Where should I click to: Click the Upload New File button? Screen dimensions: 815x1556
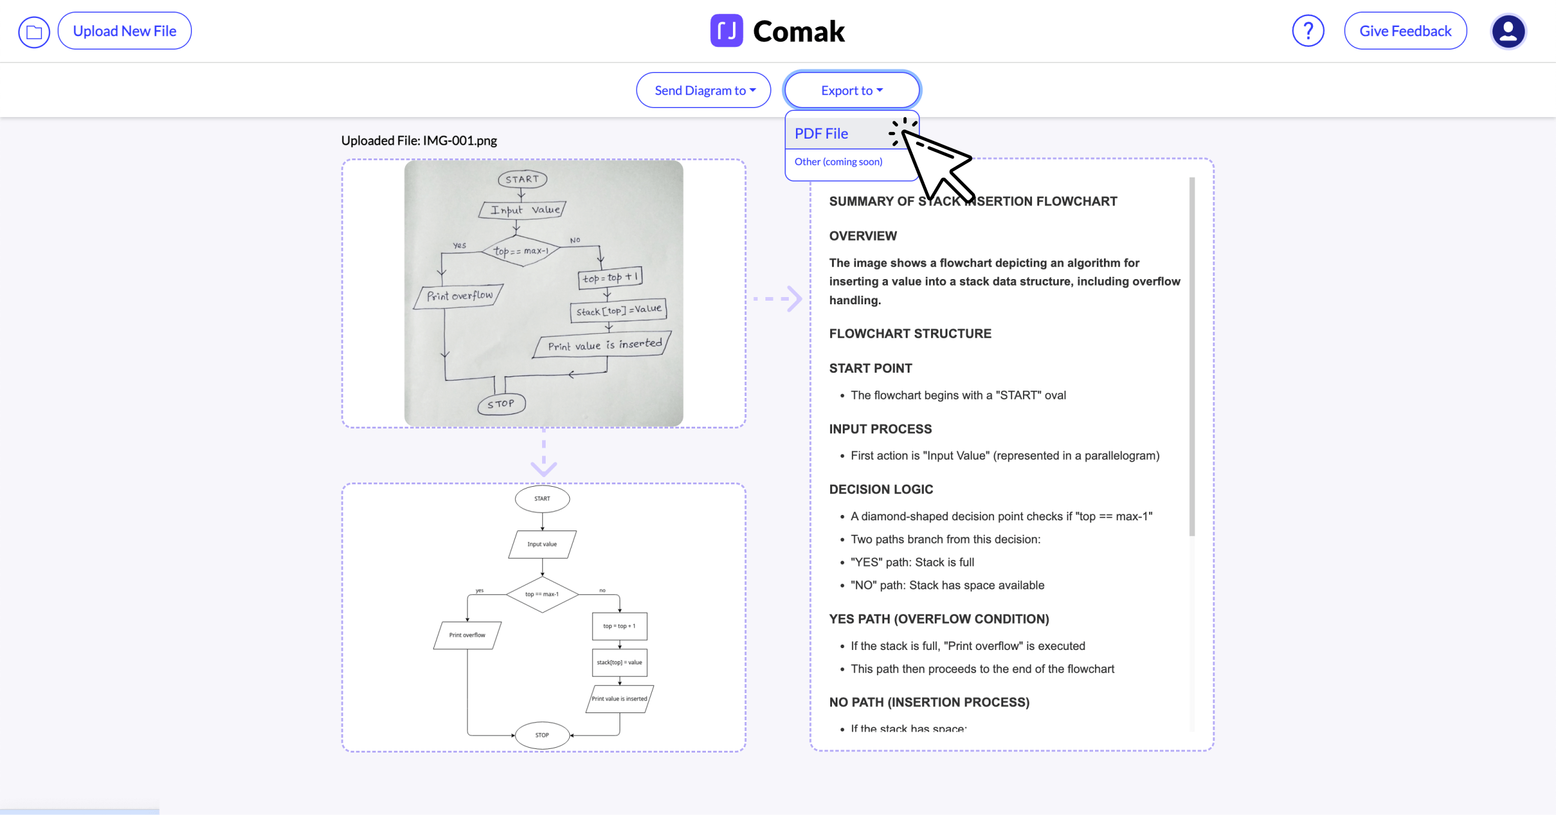pyautogui.click(x=124, y=31)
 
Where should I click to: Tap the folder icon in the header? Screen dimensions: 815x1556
pyautogui.click(x=34, y=32)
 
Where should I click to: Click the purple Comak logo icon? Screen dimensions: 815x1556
pyautogui.click(x=726, y=31)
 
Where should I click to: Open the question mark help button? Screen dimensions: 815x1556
pyautogui.click(x=1307, y=31)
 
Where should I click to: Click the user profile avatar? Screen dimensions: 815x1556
pyautogui.click(x=1508, y=31)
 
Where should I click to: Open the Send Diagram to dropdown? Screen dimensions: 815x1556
pyautogui.click(x=703, y=91)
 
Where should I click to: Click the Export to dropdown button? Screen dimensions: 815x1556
pyautogui.click(x=851, y=91)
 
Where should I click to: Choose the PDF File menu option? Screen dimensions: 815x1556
pyautogui.click(x=821, y=133)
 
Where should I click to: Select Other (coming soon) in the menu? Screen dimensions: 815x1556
pyautogui.click(x=838, y=162)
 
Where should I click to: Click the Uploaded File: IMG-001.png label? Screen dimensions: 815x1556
pyautogui.click(x=418, y=140)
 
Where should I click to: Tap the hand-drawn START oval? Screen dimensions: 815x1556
pyautogui.click(x=522, y=179)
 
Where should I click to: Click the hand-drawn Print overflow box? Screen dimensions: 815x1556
pyautogui.click(x=459, y=296)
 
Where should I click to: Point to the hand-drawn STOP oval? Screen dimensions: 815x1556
pyautogui.click(x=501, y=404)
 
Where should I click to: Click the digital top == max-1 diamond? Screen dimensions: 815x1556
pyautogui.click(x=542, y=594)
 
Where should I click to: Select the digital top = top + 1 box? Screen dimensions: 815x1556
pyautogui.click(x=619, y=626)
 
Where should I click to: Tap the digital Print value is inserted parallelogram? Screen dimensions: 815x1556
pyautogui.click(x=619, y=699)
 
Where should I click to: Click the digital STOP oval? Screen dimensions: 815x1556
pyautogui.click(x=542, y=735)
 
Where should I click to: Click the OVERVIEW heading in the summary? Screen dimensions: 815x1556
pyautogui.click(x=863, y=236)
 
